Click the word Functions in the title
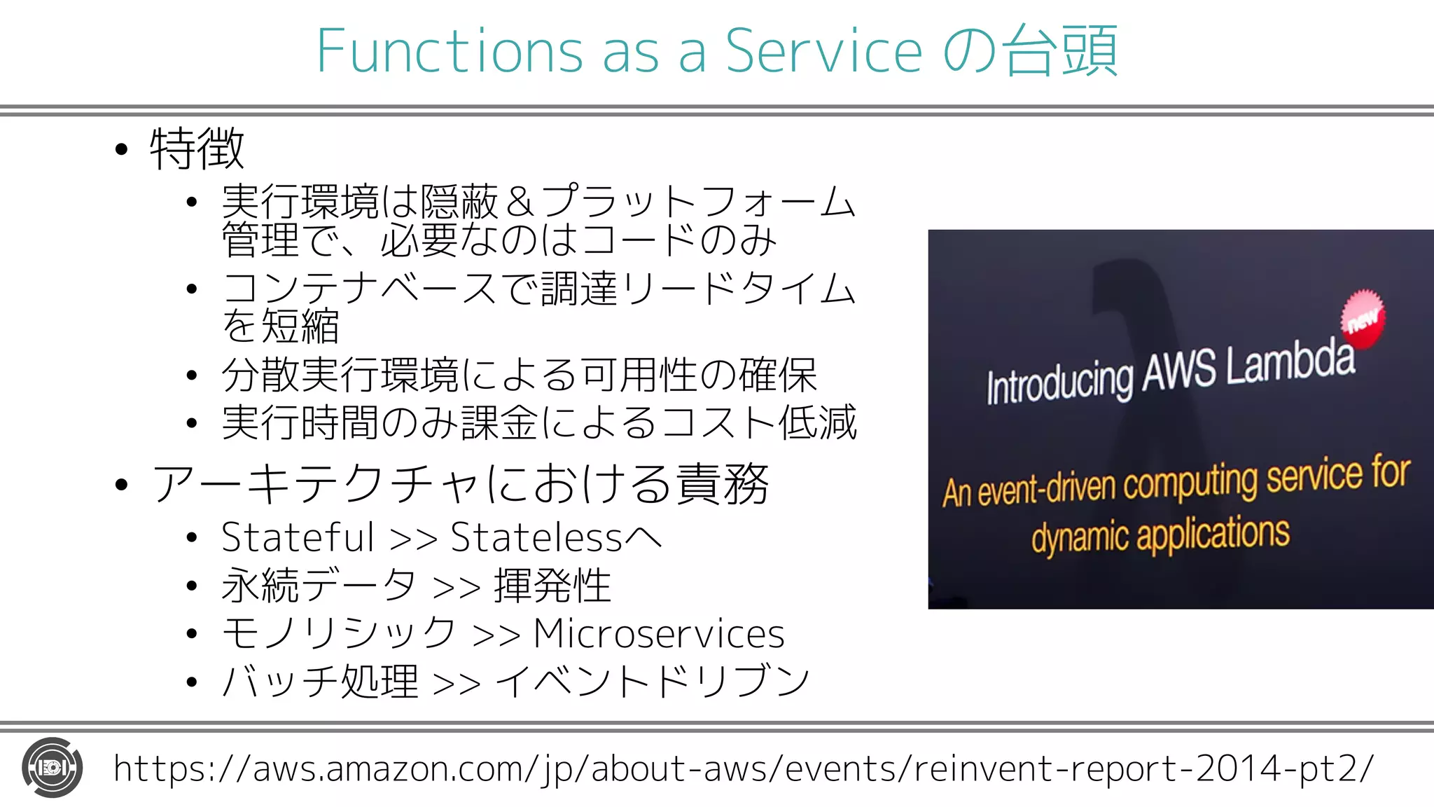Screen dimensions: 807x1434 point(449,50)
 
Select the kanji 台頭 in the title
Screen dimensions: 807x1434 point(1059,50)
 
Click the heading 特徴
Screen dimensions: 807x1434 point(197,149)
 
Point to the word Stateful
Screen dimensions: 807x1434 point(298,537)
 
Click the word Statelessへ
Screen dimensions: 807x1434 point(556,537)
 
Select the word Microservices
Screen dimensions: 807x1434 point(659,634)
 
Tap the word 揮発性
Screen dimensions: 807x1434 point(552,586)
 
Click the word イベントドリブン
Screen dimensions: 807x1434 point(653,681)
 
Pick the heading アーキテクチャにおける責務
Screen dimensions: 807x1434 point(460,484)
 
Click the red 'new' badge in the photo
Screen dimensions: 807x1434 point(1363,319)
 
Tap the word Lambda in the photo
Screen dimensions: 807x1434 point(1290,364)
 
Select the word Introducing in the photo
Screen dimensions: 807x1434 point(1059,382)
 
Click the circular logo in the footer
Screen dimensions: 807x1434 point(53,768)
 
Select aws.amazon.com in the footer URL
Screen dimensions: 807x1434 point(388,768)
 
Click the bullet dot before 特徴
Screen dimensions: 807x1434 point(122,149)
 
